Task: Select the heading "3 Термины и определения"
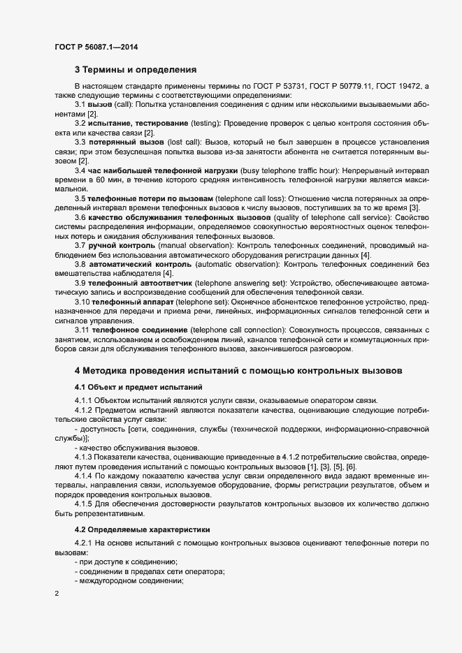[136, 69]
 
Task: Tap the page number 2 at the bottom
[56, 594]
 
